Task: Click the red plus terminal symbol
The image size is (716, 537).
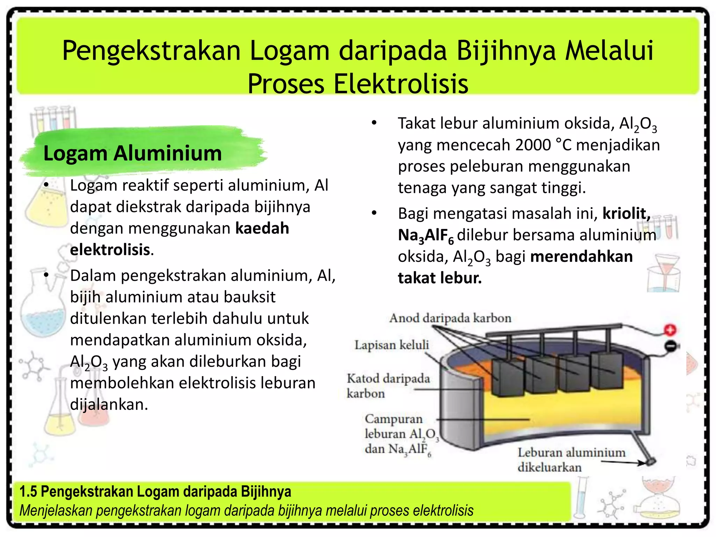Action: (x=670, y=330)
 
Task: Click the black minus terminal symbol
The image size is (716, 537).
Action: (x=670, y=346)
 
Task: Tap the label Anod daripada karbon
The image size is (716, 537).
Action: (x=450, y=318)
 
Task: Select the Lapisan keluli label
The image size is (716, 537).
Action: (x=392, y=345)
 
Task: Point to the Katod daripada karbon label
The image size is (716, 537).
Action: (x=388, y=386)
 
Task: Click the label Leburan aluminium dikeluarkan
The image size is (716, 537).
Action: (x=571, y=460)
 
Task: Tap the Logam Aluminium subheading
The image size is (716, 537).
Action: (x=133, y=153)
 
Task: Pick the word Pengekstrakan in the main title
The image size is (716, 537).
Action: (x=151, y=51)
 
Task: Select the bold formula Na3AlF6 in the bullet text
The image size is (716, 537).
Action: (x=426, y=236)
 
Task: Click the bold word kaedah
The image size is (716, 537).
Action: (x=262, y=228)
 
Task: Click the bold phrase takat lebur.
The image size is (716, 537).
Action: (x=440, y=278)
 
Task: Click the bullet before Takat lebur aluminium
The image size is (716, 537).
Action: (x=374, y=123)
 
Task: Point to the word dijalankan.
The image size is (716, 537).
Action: (x=109, y=404)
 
